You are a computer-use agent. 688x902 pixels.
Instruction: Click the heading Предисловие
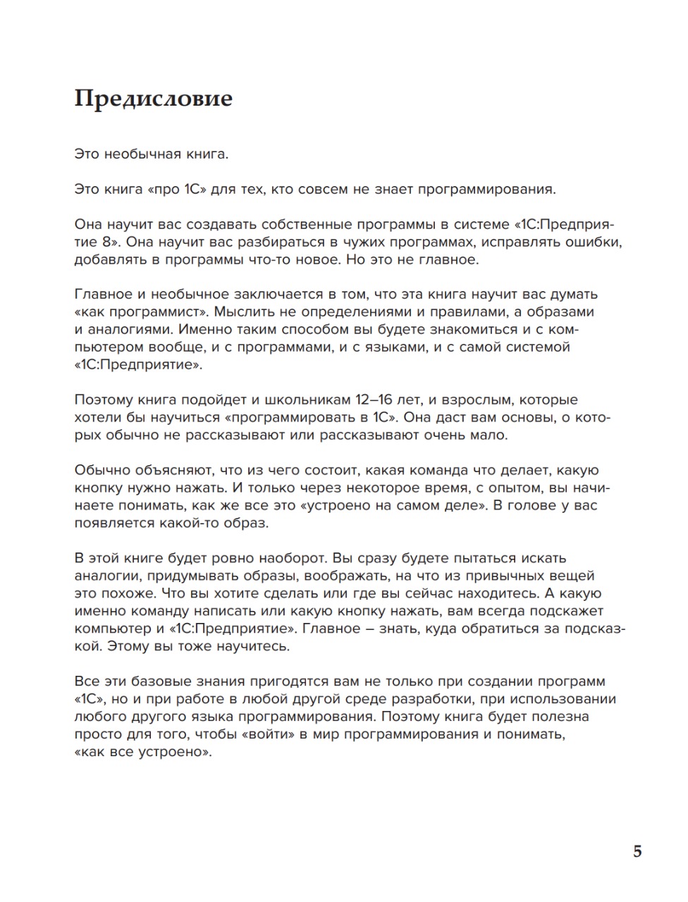click(153, 98)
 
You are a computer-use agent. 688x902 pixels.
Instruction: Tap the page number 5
click(637, 852)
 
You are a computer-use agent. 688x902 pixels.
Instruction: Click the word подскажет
click(570, 611)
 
